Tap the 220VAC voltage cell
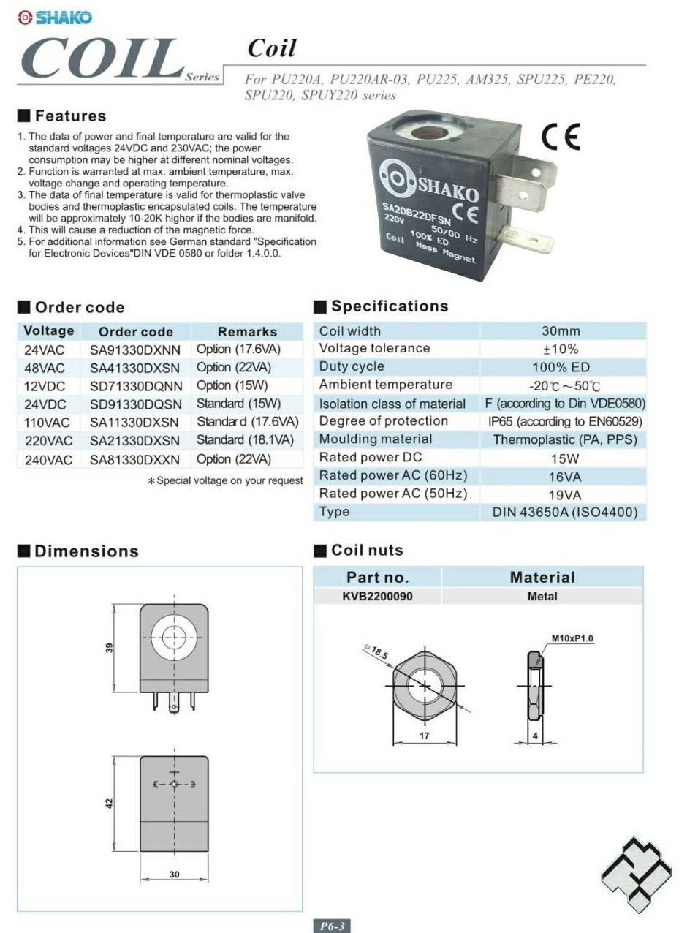pos(48,441)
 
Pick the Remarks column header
pos(247,331)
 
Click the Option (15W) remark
pos(232,385)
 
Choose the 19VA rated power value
pos(564,494)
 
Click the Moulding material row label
pos(376,439)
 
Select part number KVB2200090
pos(377,596)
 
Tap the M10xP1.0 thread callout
pos(572,638)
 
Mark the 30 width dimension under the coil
pos(174,875)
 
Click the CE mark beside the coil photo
pos(561,137)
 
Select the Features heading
pos(70,116)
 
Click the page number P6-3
pos(332,926)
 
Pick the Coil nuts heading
pos(367,550)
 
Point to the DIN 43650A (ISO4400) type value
pos(564,512)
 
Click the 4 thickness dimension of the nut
pos(536,736)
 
